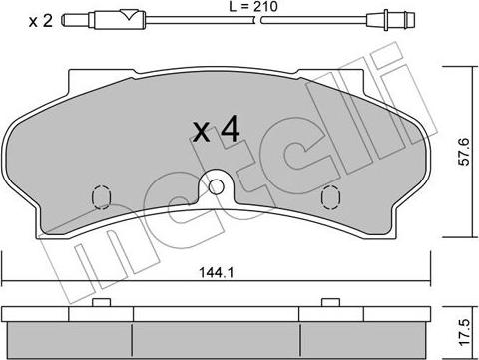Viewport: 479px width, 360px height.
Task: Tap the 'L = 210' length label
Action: [x=244, y=7]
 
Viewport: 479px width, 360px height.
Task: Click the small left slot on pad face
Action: [x=101, y=195]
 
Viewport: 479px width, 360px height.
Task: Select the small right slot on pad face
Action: [x=330, y=196]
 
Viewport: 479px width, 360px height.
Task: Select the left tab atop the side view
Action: [x=99, y=302]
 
